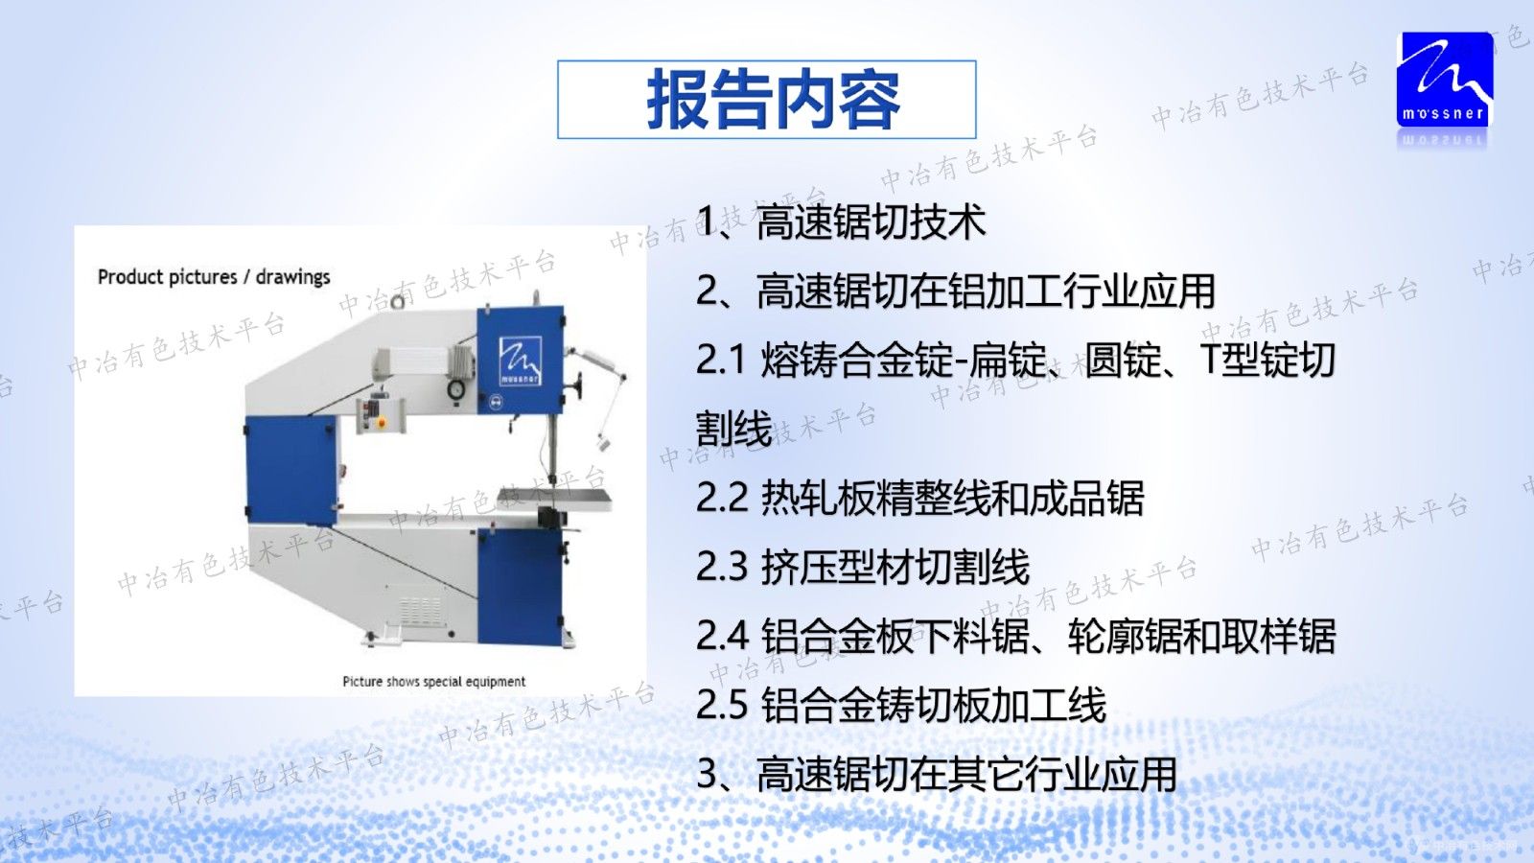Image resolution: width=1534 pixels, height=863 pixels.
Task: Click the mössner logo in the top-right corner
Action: tap(1445, 81)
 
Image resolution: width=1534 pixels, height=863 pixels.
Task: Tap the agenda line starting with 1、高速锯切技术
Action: tap(841, 222)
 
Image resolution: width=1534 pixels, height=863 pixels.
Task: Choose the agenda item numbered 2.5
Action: tap(901, 706)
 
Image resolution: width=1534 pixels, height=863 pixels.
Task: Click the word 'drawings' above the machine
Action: tap(292, 277)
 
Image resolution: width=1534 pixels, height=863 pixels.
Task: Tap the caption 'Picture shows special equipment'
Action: tap(433, 682)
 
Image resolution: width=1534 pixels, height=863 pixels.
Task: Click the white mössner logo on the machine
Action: tap(520, 361)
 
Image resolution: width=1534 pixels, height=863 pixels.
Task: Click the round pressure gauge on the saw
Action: tap(456, 389)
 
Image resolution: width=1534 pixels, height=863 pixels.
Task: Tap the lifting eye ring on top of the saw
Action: tap(397, 303)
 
